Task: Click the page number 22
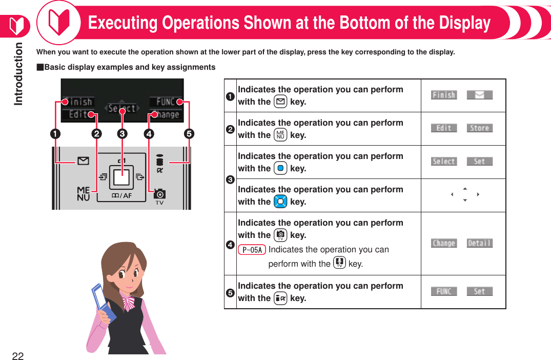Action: [18, 356]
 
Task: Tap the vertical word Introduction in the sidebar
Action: [18, 74]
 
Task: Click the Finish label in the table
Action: [443, 95]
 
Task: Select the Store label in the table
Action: [479, 128]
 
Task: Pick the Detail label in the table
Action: [479, 243]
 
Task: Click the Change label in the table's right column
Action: [443, 243]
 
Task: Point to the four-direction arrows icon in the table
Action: [464, 194]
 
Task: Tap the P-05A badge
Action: [252, 250]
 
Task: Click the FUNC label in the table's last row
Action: [443, 291]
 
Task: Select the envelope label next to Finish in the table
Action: [479, 95]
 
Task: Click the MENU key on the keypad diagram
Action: [83, 193]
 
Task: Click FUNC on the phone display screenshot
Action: [165, 102]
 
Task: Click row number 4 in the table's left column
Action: [231, 244]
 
